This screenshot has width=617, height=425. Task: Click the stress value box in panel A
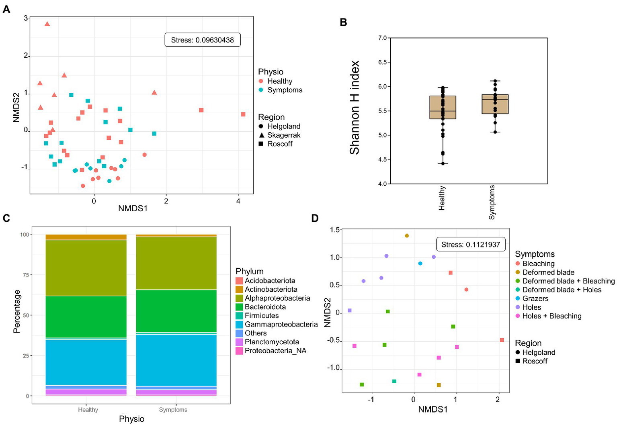coord(202,40)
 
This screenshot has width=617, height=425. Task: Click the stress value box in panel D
coord(470,245)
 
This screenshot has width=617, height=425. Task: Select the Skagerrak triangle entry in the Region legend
coord(280,135)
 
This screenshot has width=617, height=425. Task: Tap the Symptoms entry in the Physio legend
coord(281,90)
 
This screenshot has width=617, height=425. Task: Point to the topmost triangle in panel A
coord(47,24)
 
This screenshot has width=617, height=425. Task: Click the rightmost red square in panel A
coord(243,114)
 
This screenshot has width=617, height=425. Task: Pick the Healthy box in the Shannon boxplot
coord(443,107)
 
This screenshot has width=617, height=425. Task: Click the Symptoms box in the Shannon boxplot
coord(495,104)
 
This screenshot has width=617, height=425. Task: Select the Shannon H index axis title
coord(355,107)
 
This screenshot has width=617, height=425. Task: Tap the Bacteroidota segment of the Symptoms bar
coord(176,311)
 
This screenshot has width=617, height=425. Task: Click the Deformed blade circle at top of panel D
coord(407,236)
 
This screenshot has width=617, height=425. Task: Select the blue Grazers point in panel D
coord(420,264)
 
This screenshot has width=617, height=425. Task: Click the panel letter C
coord(6,218)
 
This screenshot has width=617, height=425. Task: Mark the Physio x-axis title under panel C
coord(131,419)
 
